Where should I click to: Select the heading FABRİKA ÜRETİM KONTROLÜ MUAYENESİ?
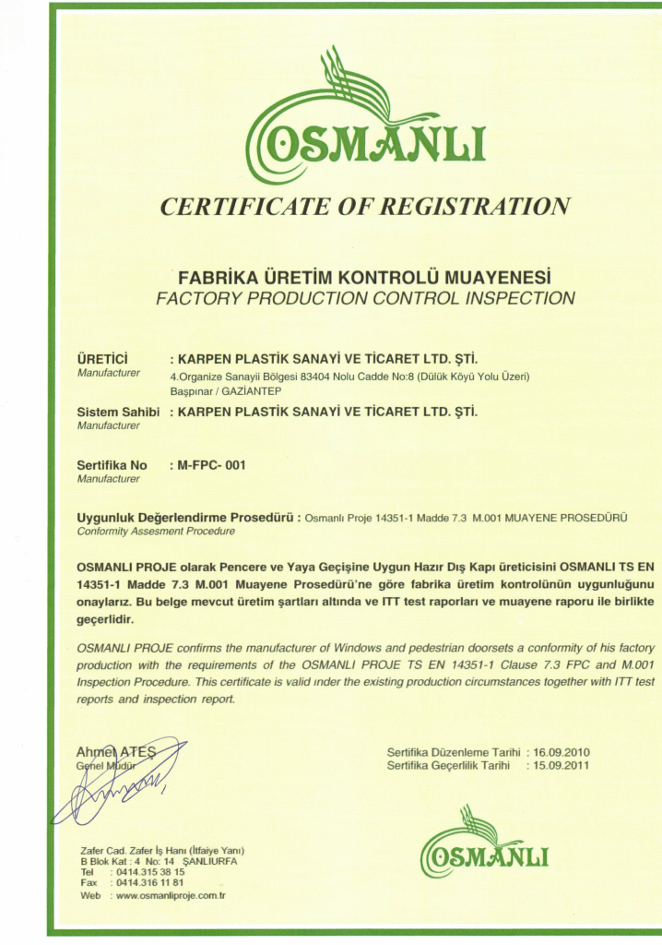point(365,277)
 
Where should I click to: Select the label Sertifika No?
point(112,465)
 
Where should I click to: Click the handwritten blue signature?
point(120,789)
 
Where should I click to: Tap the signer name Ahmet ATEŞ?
point(116,751)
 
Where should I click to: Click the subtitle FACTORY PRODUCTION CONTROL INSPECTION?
point(365,298)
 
